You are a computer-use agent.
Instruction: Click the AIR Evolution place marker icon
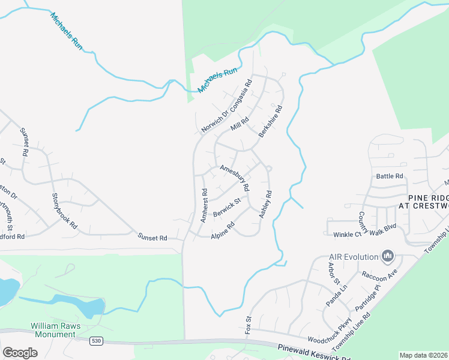(388, 257)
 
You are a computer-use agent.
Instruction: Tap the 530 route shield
(96, 341)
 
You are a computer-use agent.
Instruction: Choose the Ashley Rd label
(265, 205)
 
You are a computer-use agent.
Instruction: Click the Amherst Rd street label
(203, 206)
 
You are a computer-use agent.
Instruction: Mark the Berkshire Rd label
(270, 122)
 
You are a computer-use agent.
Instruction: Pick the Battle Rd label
(390, 176)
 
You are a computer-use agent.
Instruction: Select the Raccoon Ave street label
(379, 275)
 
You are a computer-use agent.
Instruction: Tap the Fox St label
(247, 325)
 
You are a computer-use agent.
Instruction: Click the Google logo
(20, 352)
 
